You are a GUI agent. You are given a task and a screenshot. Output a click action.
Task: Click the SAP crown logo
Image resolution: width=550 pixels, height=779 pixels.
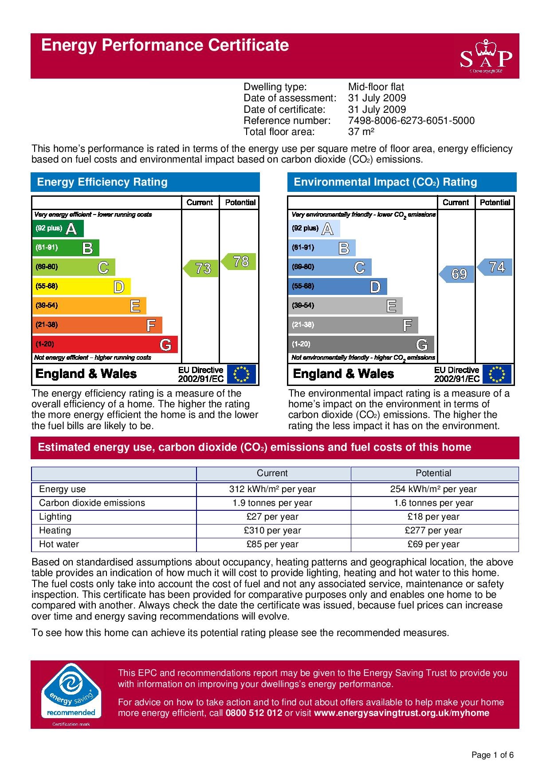[486, 56]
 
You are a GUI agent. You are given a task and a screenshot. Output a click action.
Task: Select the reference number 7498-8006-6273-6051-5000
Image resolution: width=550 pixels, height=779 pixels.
[411, 121]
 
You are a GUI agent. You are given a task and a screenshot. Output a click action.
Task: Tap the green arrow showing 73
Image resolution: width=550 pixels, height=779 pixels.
[201, 268]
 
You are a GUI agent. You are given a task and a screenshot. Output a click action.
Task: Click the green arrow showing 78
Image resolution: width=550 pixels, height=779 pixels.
[240, 262]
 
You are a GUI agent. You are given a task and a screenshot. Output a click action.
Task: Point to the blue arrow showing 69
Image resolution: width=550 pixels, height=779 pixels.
[457, 274]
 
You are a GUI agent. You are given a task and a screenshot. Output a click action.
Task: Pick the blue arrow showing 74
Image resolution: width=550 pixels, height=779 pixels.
[495, 267]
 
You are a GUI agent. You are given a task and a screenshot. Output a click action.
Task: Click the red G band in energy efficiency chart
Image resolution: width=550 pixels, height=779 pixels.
[105, 344]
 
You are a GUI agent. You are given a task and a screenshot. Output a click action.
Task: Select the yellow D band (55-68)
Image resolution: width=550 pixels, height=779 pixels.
[82, 286]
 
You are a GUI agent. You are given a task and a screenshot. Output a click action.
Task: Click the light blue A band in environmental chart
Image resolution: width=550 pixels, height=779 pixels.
[314, 229]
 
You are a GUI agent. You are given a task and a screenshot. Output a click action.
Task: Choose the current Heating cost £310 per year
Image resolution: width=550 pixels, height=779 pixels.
[272, 530]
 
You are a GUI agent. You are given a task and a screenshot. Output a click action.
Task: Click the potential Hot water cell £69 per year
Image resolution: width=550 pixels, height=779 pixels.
[433, 544]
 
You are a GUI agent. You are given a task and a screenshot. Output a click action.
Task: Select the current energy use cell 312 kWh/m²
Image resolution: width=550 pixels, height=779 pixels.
[272, 489]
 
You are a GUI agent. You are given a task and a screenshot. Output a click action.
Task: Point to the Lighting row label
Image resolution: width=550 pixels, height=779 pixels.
[55, 517]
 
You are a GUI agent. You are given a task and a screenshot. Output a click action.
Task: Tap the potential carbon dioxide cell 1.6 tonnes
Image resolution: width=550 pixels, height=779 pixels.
[433, 503]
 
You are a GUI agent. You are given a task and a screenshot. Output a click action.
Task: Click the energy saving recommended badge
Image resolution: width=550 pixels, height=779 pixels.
[71, 693]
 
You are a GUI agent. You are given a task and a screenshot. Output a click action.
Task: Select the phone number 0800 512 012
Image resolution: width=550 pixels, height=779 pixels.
[254, 713]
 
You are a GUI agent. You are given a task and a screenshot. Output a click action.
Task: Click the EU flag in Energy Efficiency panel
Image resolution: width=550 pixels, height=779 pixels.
[241, 374]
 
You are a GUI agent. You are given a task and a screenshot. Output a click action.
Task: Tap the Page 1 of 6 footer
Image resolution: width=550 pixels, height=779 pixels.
[492, 755]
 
